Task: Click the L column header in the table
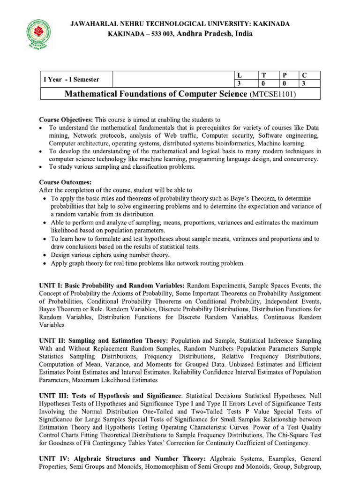[x=240, y=75]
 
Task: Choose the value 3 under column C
[x=304, y=84]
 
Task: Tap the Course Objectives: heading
[x=66, y=120]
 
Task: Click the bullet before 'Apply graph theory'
[x=44, y=263]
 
